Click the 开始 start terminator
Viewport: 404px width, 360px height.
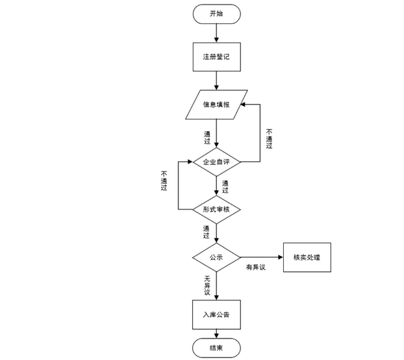pos(216,14)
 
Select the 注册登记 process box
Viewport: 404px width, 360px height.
pos(216,57)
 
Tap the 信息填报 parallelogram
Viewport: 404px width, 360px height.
pos(216,105)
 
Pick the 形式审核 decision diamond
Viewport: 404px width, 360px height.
pos(216,209)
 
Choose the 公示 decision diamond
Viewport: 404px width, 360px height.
pos(216,257)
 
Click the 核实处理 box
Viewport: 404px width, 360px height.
pos(307,257)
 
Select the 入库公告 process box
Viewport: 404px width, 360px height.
pos(216,315)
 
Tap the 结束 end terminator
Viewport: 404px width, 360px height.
pos(216,348)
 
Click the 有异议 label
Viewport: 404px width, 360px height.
pos(255,268)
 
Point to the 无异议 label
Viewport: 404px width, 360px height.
pos(207,285)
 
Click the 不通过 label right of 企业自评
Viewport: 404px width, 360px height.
pos(269,138)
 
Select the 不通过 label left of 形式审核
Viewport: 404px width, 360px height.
pos(164,180)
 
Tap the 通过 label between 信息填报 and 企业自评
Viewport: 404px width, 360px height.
pos(207,138)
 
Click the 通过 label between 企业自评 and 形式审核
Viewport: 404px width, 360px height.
pos(225,186)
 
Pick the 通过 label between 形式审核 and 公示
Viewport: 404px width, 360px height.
pos(207,232)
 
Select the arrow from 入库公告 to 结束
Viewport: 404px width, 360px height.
pos(216,335)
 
